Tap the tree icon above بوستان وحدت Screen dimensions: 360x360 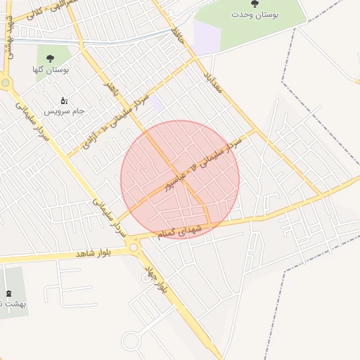pyautogui.click(x=255, y=4)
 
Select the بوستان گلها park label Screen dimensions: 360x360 pyautogui.click(x=50, y=70)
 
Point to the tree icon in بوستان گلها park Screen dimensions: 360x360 pyautogui.click(x=50, y=58)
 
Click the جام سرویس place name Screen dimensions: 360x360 pyautogui.click(x=65, y=111)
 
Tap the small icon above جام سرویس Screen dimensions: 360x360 pyautogui.click(x=65, y=100)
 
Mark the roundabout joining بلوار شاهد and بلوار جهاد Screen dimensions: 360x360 pyautogui.click(x=134, y=247)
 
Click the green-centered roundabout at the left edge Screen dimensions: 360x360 pyautogui.click(x=6, y=83)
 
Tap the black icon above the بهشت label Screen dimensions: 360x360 pyautogui.click(x=8, y=292)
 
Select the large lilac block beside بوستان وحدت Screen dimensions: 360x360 pyautogui.click(x=206, y=37)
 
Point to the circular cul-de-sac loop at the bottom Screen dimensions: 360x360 pyautogui.click(x=131, y=342)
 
